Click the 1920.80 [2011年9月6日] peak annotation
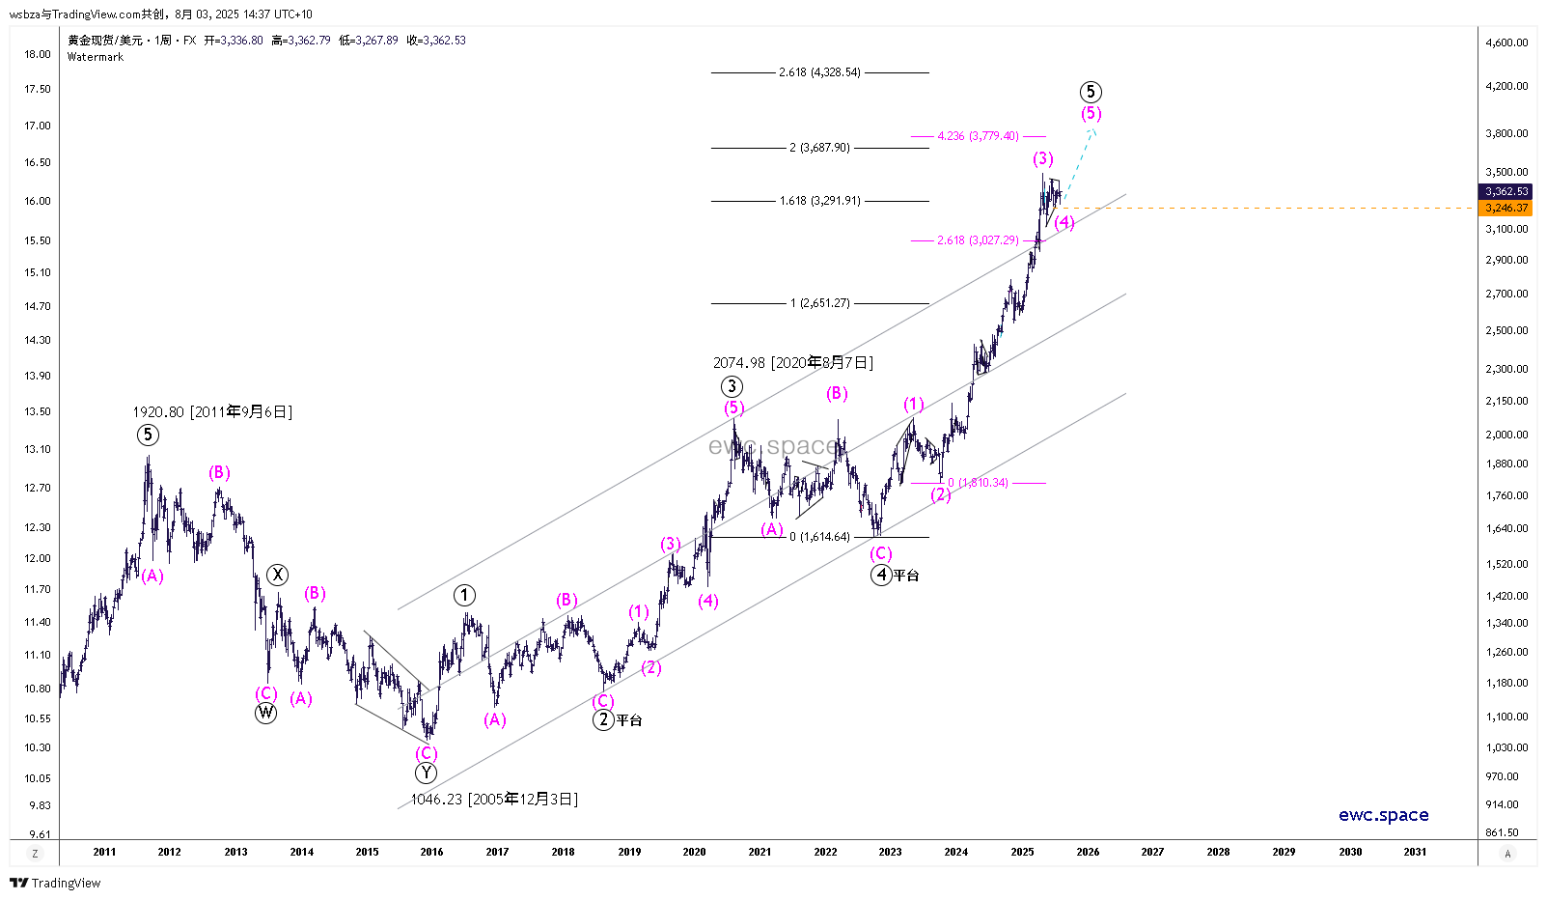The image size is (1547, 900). tap(212, 412)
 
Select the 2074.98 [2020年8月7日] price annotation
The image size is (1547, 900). tap(792, 363)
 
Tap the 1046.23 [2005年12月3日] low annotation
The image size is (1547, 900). tap(494, 800)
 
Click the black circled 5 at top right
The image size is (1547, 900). tap(1090, 92)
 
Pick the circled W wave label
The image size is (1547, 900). tap(265, 714)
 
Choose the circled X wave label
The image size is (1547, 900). tap(277, 576)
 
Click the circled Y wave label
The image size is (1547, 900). tap(426, 773)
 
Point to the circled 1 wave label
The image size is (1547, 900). tap(464, 595)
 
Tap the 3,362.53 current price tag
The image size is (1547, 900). tap(1506, 191)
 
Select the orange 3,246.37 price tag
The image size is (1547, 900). tap(1506, 208)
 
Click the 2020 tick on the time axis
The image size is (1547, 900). tap(694, 852)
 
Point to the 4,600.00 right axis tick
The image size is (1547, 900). tap(1506, 42)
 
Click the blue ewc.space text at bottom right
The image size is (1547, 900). tap(1383, 815)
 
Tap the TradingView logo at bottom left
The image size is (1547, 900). tap(55, 883)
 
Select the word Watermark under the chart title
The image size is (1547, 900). tap(96, 57)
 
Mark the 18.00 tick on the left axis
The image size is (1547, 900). tap(38, 54)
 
